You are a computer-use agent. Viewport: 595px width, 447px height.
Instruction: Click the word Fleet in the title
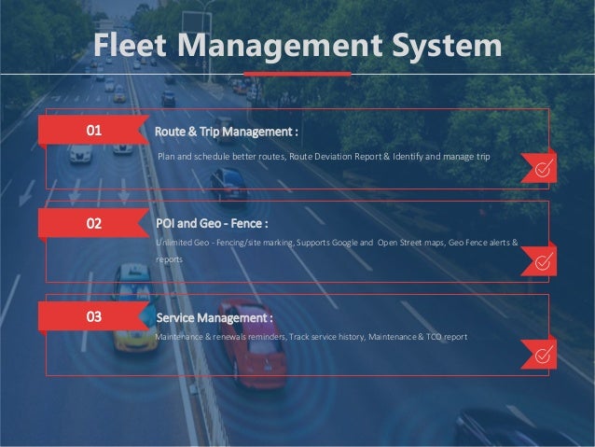click(130, 44)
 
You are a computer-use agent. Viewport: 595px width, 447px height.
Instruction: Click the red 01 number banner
click(93, 131)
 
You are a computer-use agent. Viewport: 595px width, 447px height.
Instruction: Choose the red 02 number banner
click(93, 224)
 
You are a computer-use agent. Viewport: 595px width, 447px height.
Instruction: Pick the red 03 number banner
click(93, 317)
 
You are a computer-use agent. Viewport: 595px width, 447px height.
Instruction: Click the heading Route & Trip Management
click(227, 131)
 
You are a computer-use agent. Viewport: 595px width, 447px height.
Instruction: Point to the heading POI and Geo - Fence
click(212, 224)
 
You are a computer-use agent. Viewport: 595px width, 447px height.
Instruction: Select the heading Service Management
click(214, 317)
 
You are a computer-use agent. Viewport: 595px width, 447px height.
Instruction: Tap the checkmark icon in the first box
click(540, 168)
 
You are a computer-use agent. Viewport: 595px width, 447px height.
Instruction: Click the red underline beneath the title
click(297, 73)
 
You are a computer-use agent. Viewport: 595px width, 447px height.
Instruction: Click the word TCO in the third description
click(437, 336)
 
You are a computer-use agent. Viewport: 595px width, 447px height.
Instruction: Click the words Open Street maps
click(411, 243)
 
